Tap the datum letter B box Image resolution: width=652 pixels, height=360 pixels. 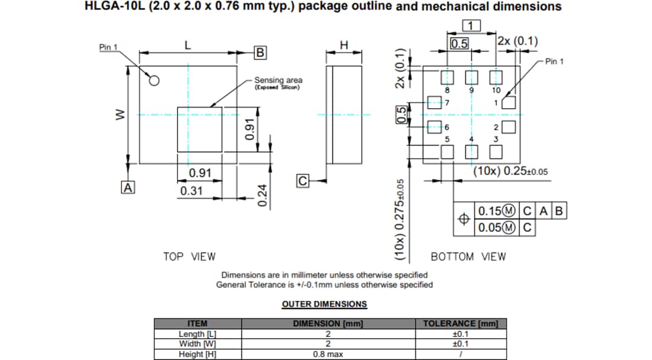260,53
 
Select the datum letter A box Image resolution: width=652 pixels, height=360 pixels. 127,187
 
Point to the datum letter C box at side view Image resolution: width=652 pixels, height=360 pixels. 303,181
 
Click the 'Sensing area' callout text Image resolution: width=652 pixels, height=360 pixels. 278,80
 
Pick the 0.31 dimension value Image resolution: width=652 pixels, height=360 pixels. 191,191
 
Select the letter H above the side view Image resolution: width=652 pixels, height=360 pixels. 344,45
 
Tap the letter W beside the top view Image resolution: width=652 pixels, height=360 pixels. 120,114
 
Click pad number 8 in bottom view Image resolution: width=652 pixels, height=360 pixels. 447,77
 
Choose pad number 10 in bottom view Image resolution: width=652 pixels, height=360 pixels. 496,77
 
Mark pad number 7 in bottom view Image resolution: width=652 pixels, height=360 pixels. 433,102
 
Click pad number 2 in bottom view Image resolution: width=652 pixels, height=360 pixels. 509,127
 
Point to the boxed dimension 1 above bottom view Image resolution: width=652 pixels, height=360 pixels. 471,25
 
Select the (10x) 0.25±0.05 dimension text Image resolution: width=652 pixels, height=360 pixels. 510,171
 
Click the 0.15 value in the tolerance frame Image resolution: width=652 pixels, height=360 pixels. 490,211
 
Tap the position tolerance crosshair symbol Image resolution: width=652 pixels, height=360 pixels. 464,219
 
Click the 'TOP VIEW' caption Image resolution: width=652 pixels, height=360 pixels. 189,257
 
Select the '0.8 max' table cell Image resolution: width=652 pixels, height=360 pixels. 327,354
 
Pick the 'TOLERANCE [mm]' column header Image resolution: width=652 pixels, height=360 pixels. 460,324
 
